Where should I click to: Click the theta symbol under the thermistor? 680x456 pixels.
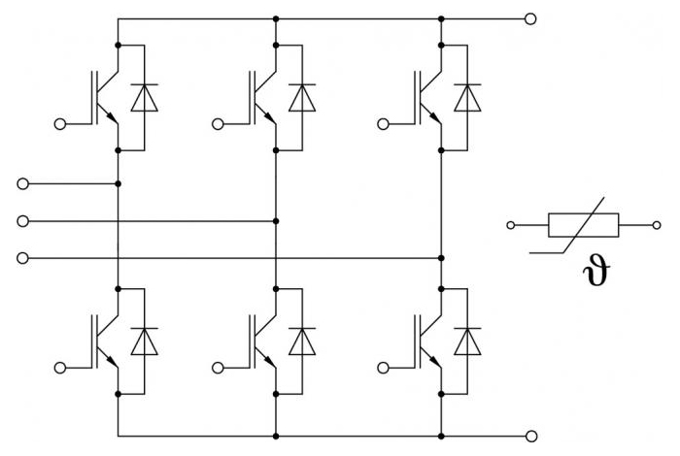tap(596, 271)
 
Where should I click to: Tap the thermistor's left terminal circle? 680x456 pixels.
tap(511, 225)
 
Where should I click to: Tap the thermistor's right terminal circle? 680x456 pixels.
tap(657, 225)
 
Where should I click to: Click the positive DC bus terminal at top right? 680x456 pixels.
tap(530, 19)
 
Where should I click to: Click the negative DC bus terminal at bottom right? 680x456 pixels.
tap(531, 436)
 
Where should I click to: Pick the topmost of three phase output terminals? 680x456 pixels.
tap(22, 183)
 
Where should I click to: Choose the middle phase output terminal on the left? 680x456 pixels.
tap(22, 221)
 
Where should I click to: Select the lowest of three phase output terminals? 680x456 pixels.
tap(22, 258)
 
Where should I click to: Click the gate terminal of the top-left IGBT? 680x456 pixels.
tap(60, 124)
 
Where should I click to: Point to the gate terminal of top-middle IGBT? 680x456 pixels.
tap(218, 124)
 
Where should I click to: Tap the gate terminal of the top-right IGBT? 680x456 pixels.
tap(384, 124)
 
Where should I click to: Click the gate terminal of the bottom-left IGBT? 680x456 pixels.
tap(60, 368)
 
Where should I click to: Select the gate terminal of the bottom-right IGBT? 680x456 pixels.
tap(384, 368)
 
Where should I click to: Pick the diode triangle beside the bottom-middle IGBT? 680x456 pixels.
tap(302, 342)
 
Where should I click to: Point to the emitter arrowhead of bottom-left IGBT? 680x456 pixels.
tap(112, 361)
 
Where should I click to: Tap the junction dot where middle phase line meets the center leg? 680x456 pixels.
tap(276, 221)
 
